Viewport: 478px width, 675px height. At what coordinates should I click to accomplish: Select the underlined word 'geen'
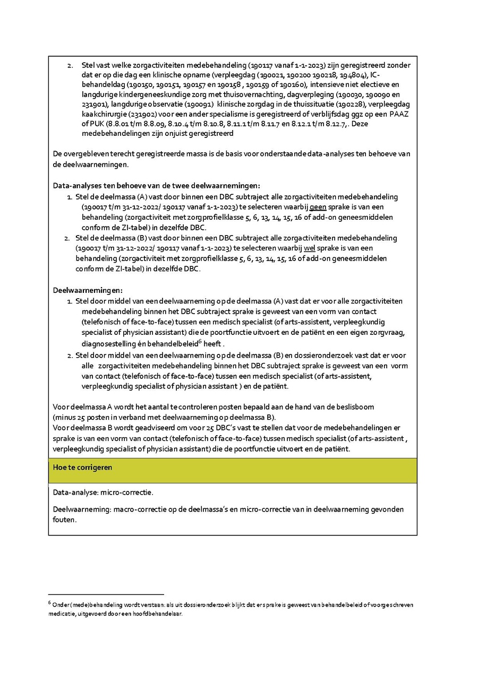(318, 207)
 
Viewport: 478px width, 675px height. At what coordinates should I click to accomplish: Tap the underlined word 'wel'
(309, 248)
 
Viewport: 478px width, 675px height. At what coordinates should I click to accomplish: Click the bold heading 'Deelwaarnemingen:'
(88, 290)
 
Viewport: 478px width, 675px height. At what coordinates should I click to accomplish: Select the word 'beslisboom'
(355, 406)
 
